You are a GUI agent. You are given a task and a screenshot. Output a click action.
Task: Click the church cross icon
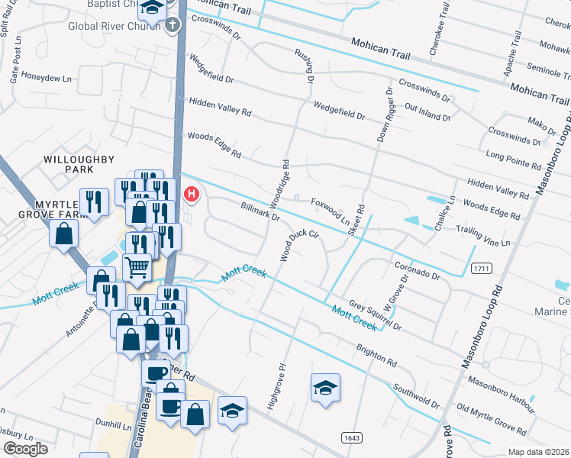click(173, 24)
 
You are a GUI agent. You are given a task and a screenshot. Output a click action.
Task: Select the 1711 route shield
click(480, 269)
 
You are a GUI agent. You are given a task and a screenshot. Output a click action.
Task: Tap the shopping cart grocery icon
click(136, 266)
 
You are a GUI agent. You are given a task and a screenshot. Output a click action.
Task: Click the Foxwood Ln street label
click(330, 206)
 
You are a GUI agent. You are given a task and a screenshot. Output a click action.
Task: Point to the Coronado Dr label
click(418, 269)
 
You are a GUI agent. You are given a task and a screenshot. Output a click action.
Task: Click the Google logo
click(25, 449)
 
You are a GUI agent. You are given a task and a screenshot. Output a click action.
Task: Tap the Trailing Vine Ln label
click(482, 236)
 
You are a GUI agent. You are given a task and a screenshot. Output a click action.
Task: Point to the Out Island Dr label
click(428, 112)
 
